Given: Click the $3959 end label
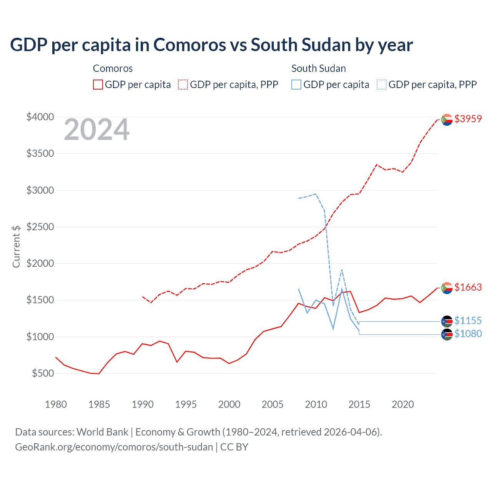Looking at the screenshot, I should coord(468,119).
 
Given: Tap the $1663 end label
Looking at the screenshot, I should coord(468,287).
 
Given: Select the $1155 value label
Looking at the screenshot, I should coord(468,321).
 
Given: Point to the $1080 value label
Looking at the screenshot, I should coord(468,334).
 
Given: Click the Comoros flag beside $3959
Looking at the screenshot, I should coord(447,120).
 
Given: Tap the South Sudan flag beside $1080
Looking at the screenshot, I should coord(447,335).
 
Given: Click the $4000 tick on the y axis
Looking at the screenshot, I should coord(40,117).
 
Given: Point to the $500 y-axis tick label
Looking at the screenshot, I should coord(43,373).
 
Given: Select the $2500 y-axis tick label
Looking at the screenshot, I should coord(40,227).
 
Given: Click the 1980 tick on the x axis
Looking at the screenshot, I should coord(56,404).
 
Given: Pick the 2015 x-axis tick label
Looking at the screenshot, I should coord(359,404).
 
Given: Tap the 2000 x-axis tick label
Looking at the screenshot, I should coord(229,404).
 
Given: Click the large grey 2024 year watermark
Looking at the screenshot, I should coord(96,130).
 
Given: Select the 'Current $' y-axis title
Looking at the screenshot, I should coord(16,246).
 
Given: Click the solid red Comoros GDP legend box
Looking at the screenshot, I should coord(98,85).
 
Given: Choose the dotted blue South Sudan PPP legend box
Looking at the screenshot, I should coord(381,85).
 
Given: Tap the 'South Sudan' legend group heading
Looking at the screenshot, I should coord(318,68).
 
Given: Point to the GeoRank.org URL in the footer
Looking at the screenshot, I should coord(114,447).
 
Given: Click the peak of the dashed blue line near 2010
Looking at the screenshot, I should coord(316,194).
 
